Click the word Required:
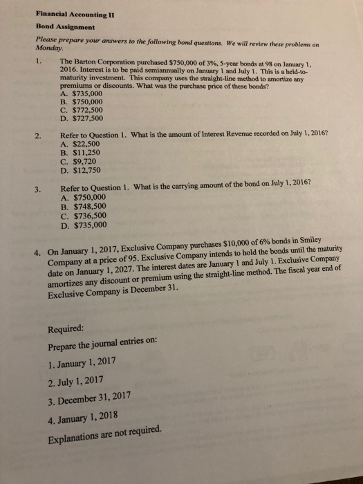[67, 328]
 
